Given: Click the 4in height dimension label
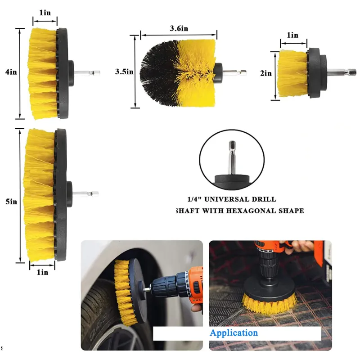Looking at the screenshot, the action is tap(11, 72).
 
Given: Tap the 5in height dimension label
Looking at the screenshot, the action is tap(11, 202).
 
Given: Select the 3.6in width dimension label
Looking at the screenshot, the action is tap(179, 28).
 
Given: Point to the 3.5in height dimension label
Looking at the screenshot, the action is tap(124, 72).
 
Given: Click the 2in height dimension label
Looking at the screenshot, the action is tap(266, 73).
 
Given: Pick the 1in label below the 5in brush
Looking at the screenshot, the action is tap(42, 272).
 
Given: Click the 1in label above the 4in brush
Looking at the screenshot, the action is tap(45, 13).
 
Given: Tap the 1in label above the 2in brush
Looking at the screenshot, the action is tap(292, 35).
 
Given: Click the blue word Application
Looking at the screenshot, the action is tap(234, 333).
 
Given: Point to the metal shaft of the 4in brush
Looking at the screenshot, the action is tap(87, 73).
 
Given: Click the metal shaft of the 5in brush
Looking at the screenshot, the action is tap(85, 194).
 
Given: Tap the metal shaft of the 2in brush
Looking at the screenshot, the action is tap(342, 72).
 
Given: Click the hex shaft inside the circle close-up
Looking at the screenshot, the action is tap(232, 158).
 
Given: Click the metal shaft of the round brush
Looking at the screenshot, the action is tap(234, 73).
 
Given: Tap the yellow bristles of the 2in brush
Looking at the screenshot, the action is tap(292, 73).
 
